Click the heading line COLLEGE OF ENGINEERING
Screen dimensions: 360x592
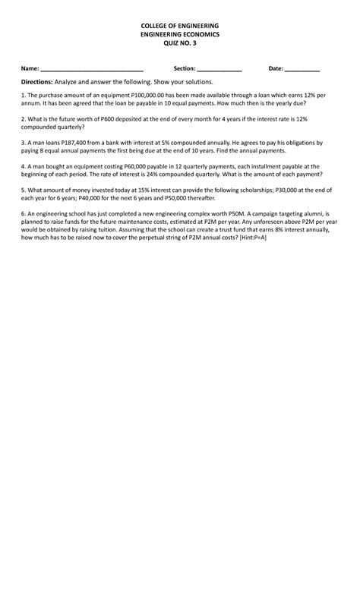[x=180, y=26]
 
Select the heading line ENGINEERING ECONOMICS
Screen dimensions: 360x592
[x=180, y=35]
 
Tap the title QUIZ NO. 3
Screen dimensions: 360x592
[x=180, y=44]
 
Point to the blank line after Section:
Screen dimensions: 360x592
[x=219, y=69]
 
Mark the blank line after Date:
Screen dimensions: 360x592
[x=302, y=69]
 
